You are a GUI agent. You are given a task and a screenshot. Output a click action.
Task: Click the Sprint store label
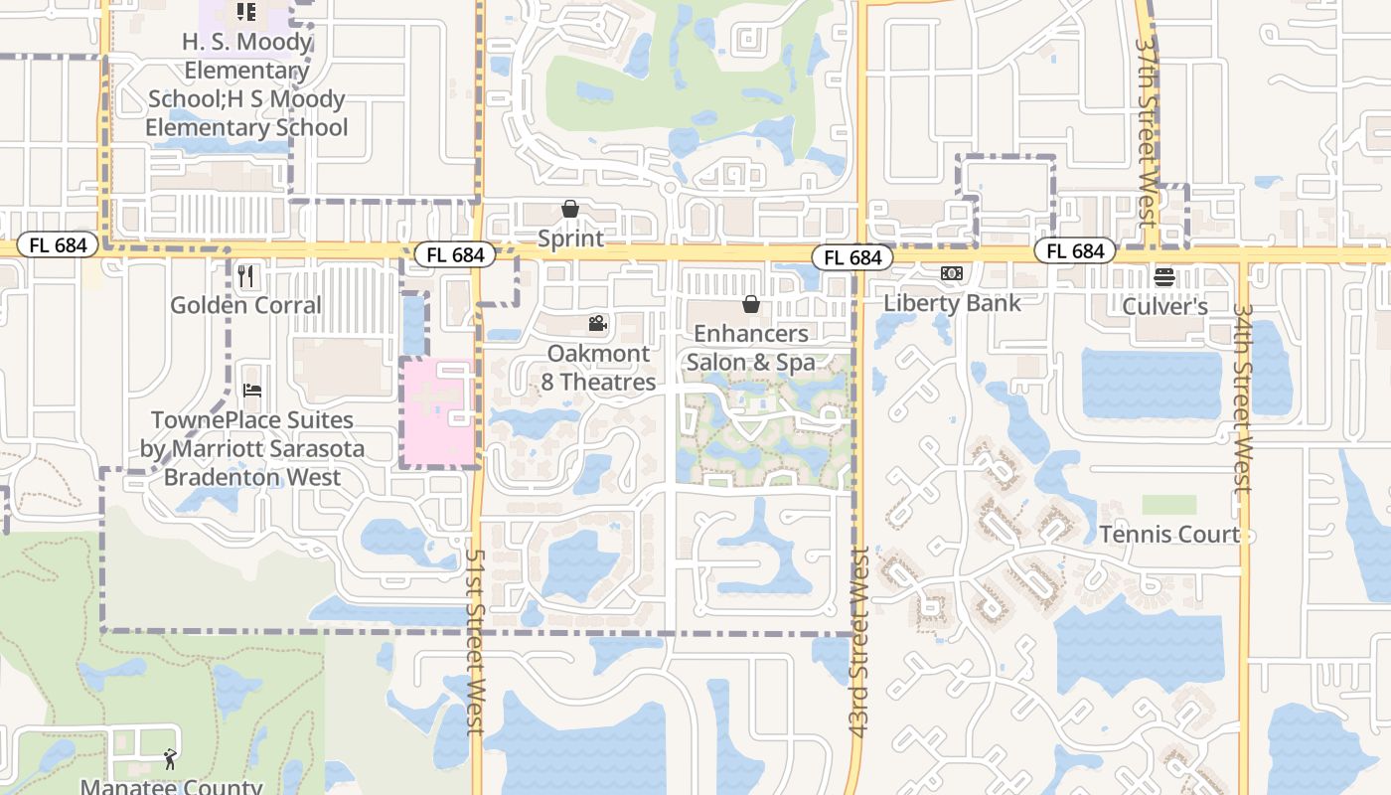[x=570, y=239]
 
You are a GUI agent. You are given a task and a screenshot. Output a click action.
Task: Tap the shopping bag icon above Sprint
[x=570, y=209]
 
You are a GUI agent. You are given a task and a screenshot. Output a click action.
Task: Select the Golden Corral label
[x=245, y=305]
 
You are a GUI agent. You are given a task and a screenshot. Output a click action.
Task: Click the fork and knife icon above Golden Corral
[x=246, y=275]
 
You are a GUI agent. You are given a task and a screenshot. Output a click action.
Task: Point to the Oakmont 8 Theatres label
[x=599, y=368]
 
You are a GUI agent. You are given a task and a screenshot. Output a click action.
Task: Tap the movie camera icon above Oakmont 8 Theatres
[x=597, y=323]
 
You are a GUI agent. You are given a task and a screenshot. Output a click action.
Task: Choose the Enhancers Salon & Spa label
[x=751, y=348]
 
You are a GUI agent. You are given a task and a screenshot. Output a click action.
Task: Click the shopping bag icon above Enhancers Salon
[x=751, y=304]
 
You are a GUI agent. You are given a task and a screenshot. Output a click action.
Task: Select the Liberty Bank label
[x=952, y=303]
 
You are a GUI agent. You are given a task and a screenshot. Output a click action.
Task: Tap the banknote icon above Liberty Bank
[x=952, y=273]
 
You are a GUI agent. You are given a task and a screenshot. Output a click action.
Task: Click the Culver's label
[x=1164, y=307]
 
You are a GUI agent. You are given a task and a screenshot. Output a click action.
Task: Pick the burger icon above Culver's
[x=1164, y=277]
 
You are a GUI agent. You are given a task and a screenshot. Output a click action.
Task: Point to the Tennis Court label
[x=1169, y=535]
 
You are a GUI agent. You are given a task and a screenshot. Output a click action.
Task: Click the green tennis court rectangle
[x=1169, y=505]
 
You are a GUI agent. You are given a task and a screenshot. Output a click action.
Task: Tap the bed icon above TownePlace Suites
[x=252, y=391]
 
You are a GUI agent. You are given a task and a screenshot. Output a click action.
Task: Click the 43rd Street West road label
[x=860, y=641]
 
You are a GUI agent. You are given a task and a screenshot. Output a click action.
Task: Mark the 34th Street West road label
[x=1242, y=397]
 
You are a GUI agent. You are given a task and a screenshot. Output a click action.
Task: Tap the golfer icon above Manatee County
[x=170, y=760]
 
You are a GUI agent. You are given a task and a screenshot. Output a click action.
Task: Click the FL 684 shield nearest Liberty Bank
[x=851, y=257]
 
